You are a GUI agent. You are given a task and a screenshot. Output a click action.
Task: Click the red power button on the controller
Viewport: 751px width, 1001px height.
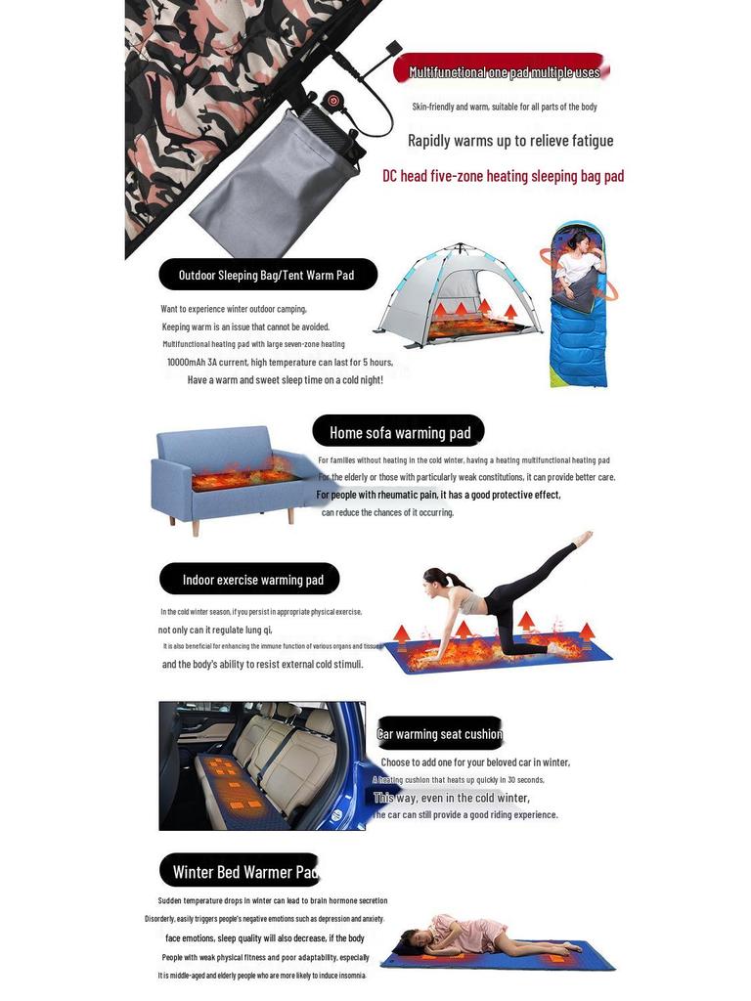click(x=331, y=100)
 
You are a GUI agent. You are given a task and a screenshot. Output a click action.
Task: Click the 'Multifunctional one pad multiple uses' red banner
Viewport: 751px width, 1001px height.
click(x=503, y=71)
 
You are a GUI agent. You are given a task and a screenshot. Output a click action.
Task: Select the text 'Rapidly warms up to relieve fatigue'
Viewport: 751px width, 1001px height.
click(x=509, y=141)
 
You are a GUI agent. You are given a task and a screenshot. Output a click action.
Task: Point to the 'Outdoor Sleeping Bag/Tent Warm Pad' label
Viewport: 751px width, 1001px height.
click(x=266, y=275)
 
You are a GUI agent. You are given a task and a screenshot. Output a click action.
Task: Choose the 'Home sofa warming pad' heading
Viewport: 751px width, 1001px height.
click(x=399, y=432)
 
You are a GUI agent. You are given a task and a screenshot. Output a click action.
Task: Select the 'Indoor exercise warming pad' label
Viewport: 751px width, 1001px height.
click(x=251, y=580)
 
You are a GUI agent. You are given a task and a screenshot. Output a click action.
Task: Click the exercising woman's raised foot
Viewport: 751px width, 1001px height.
click(x=584, y=538)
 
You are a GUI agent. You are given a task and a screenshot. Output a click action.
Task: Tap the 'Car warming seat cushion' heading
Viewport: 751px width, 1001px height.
click(x=439, y=734)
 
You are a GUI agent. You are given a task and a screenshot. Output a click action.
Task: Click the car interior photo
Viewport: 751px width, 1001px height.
click(x=262, y=765)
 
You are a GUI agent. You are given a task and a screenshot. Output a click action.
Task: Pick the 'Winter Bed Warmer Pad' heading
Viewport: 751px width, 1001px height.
click(x=242, y=871)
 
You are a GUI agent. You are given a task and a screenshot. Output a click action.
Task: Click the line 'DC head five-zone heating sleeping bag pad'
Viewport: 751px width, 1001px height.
click(x=503, y=176)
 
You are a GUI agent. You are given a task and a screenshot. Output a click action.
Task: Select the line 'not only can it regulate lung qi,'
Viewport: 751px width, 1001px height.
click(x=215, y=630)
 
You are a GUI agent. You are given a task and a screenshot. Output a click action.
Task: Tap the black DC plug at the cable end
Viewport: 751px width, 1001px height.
click(x=394, y=48)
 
